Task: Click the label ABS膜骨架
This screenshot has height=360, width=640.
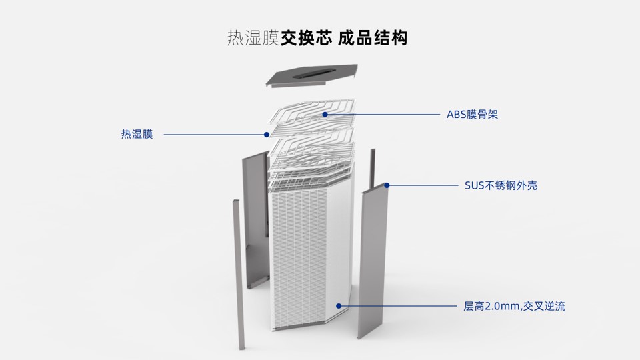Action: (x=472, y=115)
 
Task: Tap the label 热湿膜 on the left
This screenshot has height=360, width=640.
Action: (x=137, y=135)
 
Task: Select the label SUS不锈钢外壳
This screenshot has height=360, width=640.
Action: (x=501, y=185)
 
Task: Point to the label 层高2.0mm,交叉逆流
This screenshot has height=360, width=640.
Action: (x=515, y=307)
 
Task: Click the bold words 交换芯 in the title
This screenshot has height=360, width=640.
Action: (x=306, y=38)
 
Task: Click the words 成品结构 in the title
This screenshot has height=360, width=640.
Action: (x=373, y=38)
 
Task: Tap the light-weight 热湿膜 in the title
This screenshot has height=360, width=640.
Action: (x=253, y=38)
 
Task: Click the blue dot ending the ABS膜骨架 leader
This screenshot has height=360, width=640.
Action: (x=325, y=115)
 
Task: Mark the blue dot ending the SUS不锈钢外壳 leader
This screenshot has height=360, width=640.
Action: (x=387, y=185)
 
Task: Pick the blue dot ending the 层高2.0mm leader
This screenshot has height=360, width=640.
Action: (x=339, y=306)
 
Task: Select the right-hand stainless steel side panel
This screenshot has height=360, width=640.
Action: (x=375, y=260)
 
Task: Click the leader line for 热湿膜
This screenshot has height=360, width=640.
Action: (x=213, y=135)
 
